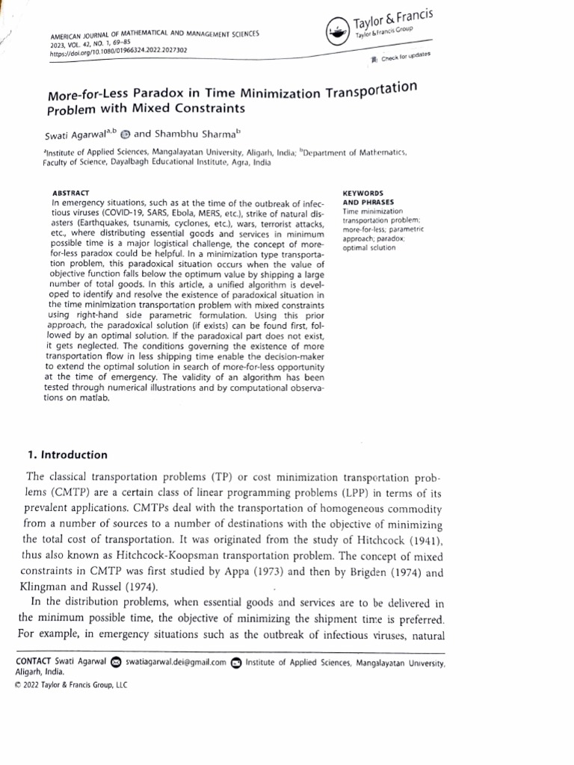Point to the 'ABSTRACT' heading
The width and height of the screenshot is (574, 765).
click(x=72, y=193)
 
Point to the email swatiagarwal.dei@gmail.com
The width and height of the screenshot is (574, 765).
click(x=176, y=661)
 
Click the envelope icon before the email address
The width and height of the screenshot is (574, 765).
click(x=116, y=661)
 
